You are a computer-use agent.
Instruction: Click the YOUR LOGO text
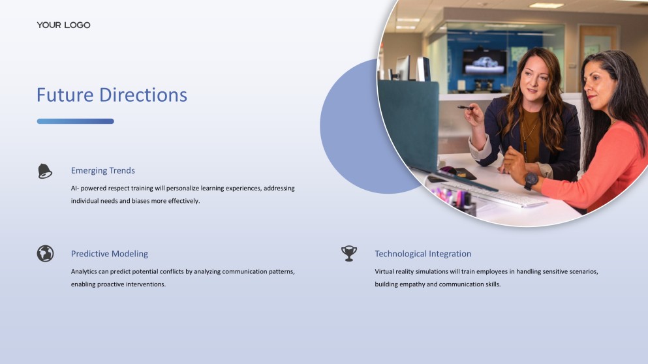64,25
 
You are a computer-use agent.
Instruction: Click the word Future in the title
65,95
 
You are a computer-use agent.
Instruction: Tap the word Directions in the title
144,95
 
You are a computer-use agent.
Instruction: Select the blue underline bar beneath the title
75,121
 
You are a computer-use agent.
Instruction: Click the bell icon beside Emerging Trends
44,171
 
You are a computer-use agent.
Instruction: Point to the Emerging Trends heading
103,171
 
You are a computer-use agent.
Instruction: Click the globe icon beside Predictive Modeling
45,254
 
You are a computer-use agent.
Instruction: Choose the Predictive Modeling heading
110,254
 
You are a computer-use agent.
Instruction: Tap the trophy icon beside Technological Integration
349,253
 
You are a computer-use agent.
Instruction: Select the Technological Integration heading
423,254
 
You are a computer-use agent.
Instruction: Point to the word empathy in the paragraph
412,284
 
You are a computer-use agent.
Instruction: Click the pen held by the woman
466,108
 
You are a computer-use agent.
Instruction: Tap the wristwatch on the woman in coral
531,181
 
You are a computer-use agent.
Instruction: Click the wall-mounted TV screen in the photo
484,63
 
